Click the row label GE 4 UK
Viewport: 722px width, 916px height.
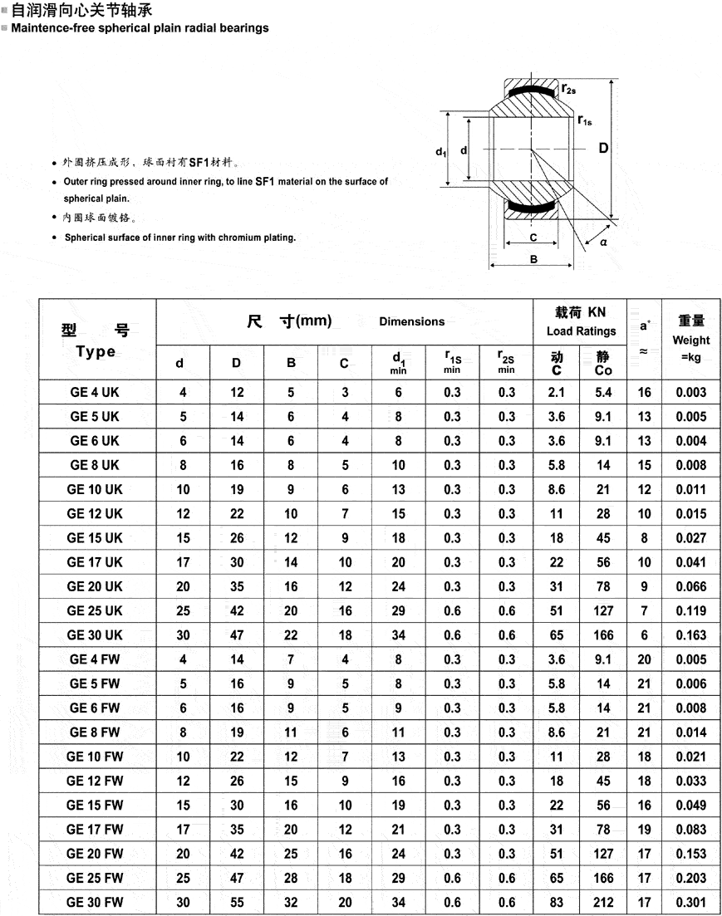[x=95, y=392]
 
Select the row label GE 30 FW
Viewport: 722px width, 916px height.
[x=95, y=902]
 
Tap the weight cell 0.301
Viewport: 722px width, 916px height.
[x=691, y=902]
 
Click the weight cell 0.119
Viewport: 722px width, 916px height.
[x=691, y=610]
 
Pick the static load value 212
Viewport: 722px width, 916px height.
[x=604, y=902]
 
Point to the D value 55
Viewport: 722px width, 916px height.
[x=237, y=902]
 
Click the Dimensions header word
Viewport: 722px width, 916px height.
[x=412, y=321]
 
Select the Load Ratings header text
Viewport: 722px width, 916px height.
[x=581, y=331]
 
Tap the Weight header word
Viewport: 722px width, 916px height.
[x=691, y=340]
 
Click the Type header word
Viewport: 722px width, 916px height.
[x=96, y=351]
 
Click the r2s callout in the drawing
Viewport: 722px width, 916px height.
[x=569, y=88]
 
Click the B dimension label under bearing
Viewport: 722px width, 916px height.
[x=533, y=259]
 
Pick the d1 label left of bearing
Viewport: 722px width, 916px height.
[x=441, y=151]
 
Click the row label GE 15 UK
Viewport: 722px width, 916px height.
[x=95, y=537]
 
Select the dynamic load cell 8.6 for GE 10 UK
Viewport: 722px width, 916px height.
[x=557, y=489]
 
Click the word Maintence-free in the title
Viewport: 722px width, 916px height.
[x=51, y=28]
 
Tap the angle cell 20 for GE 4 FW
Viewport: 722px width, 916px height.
[x=645, y=659]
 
